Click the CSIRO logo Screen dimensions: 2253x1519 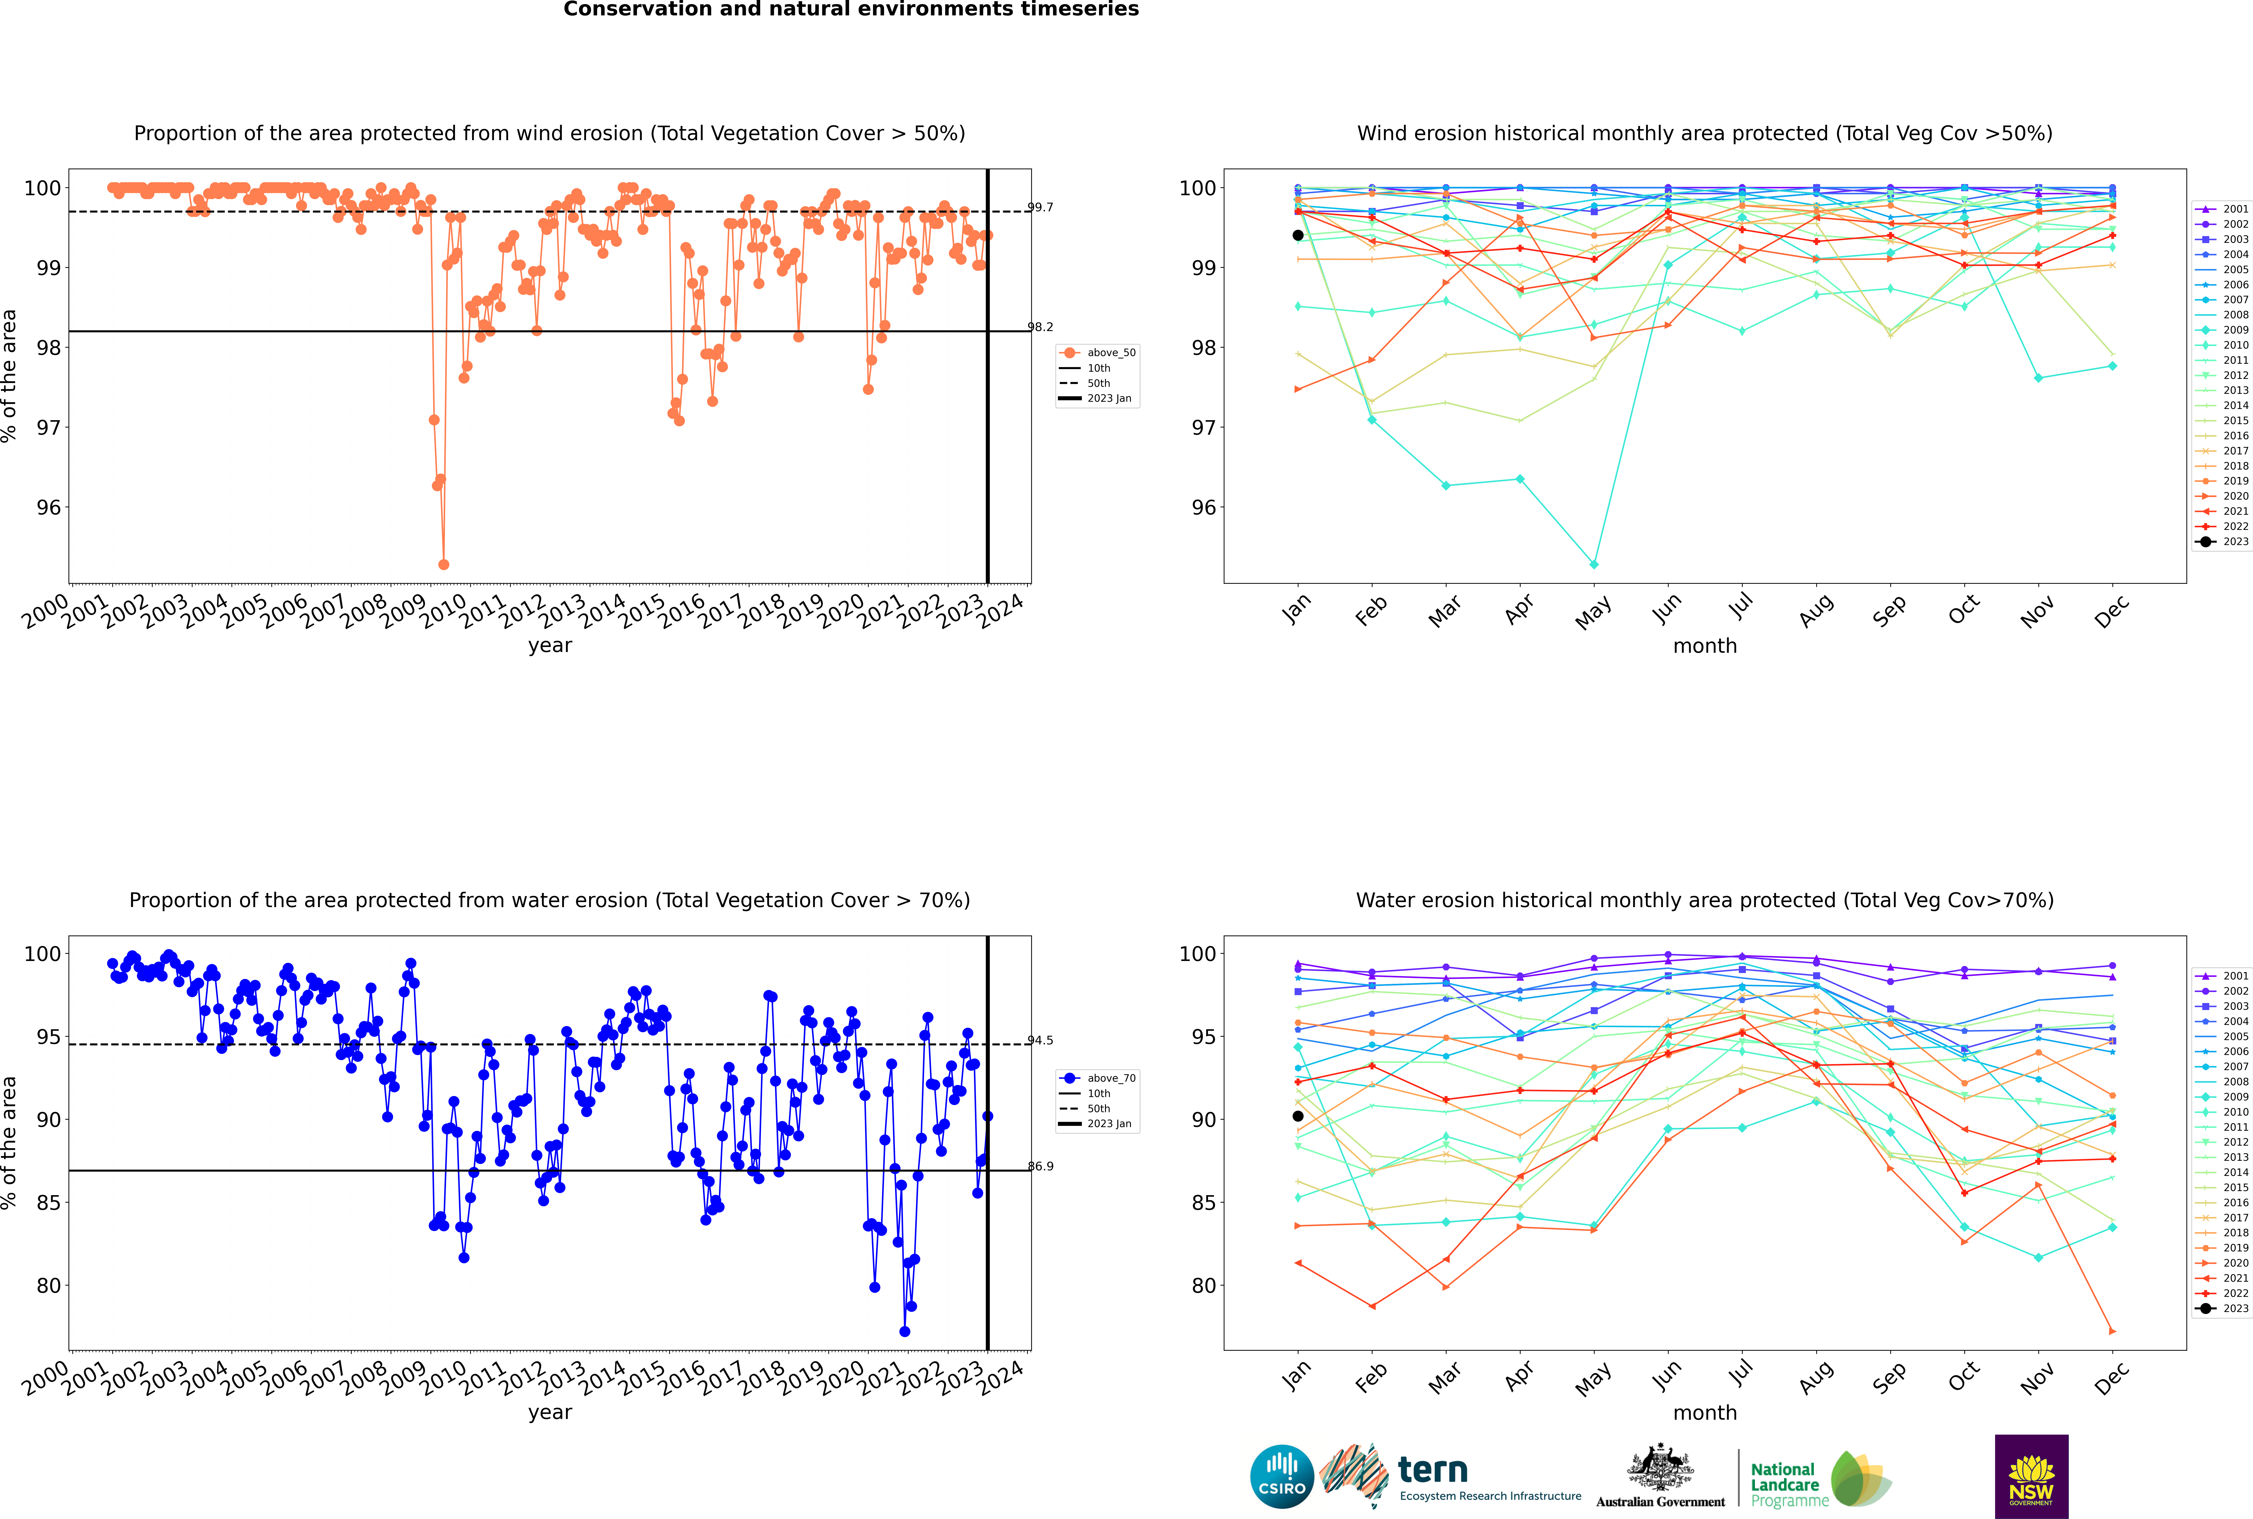coord(1281,1476)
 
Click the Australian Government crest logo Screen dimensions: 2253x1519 coord(1660,1476)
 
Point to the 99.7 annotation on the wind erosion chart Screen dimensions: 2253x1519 coord(1040,207)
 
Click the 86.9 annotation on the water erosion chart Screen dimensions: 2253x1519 coord(1040,1166)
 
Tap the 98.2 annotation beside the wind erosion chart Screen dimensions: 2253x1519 coord(1040,327)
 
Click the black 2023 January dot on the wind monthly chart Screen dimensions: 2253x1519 coord(1298,235)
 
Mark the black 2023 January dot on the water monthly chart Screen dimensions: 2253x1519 coord(1298,1116)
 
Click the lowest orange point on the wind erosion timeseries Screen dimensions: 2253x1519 coord(444,565)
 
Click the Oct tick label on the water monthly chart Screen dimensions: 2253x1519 coord(1963,1378)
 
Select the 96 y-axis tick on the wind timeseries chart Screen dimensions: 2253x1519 coord(48,508)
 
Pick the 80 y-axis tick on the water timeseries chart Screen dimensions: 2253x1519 coord(48,1286)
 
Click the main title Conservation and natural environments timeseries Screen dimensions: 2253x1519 coord(851,10)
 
